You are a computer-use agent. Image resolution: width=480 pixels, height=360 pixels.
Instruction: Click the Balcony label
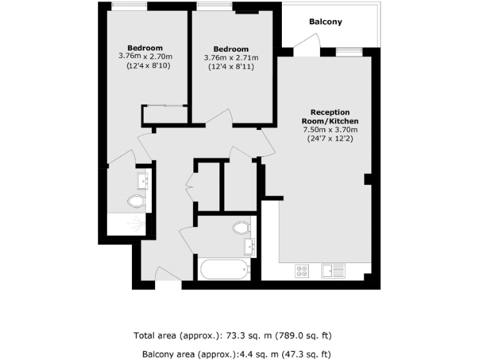tap(326, 22)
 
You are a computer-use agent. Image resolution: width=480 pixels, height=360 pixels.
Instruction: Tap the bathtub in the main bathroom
tap(224, 270)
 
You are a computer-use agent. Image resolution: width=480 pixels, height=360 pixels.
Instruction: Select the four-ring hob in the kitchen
tap(302, 271)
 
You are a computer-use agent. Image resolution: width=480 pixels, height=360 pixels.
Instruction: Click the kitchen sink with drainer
tap(333, 271)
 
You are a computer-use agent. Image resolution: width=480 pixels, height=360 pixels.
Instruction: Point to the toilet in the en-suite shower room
tap(136, 201)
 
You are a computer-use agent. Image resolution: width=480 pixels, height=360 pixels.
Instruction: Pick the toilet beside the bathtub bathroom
tap(241, 227)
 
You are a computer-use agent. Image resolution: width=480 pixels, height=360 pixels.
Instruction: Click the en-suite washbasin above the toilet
tap(143, 181)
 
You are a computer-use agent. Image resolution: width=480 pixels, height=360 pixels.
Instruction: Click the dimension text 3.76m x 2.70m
tap(145, 56)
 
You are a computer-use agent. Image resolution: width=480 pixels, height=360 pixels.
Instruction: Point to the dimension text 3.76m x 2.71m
tap(231, 57)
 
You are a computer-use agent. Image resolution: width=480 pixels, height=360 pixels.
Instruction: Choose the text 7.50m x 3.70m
tap(330, 129)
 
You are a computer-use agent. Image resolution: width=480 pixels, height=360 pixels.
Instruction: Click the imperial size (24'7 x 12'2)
tap(330, 138)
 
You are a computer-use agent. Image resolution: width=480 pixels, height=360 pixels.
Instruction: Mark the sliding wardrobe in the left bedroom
tap(164, 106)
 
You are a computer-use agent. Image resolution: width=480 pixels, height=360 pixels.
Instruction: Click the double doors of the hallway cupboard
tap(190, 186)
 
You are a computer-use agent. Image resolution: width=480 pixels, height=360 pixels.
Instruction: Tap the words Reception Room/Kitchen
tap(330, 116)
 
